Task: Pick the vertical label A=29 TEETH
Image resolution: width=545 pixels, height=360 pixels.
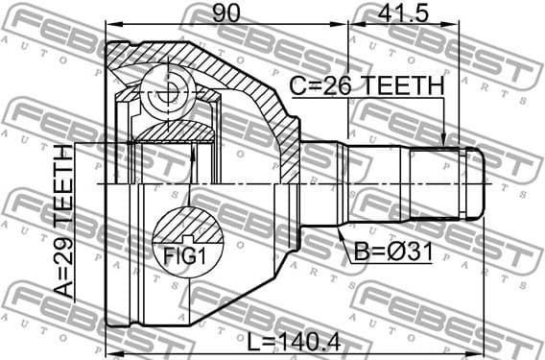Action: tap(63, 234)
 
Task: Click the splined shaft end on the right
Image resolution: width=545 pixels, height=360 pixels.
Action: tap(446, 181)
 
